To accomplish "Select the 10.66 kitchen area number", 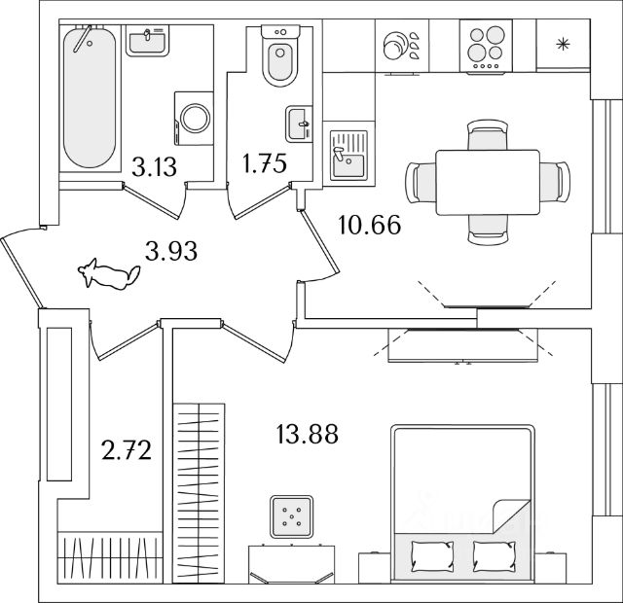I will (x=369, y=226).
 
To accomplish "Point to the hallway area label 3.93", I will (x=171, y=253).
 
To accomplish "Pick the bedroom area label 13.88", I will (x=306, y=435).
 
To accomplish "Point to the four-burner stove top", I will (x=485, y=46).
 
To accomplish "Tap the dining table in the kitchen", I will (x=486, y=182).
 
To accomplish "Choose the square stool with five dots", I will (x=290, y=517).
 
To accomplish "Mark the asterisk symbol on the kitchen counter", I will (x=562, y=43).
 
